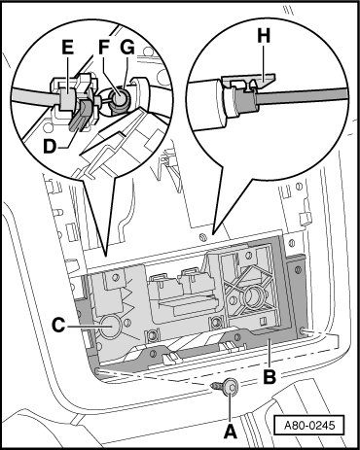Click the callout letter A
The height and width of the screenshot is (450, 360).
point(231,432)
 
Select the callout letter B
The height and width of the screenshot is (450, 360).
point(270,376)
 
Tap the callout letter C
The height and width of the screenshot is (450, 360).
point(58,325)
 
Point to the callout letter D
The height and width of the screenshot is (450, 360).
point(50,147)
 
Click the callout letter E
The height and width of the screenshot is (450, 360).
point(68,48)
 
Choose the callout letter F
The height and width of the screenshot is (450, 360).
point(104,48)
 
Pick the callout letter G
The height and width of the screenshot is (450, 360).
point(127,48)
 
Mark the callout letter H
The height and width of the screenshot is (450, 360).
point(264,36)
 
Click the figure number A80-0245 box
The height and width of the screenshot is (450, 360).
point(308,425)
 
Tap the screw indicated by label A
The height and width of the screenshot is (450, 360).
point(227,387)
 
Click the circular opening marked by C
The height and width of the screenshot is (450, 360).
point(110,327)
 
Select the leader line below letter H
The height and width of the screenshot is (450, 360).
point(264,60)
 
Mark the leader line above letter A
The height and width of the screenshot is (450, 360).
point(230,405)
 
